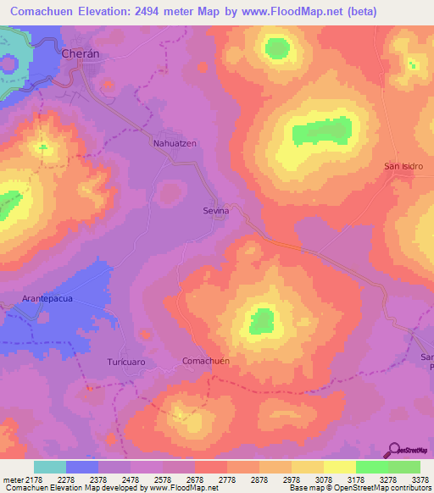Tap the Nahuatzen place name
[x=175, y=143]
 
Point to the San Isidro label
[x=403, y=166]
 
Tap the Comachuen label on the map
[x=206, y=361]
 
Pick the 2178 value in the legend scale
[x=35, y=480]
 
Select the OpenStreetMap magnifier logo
[x=394, y=450]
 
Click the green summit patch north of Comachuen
[x=262, y=321]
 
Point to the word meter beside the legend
[x=14, y=480]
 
